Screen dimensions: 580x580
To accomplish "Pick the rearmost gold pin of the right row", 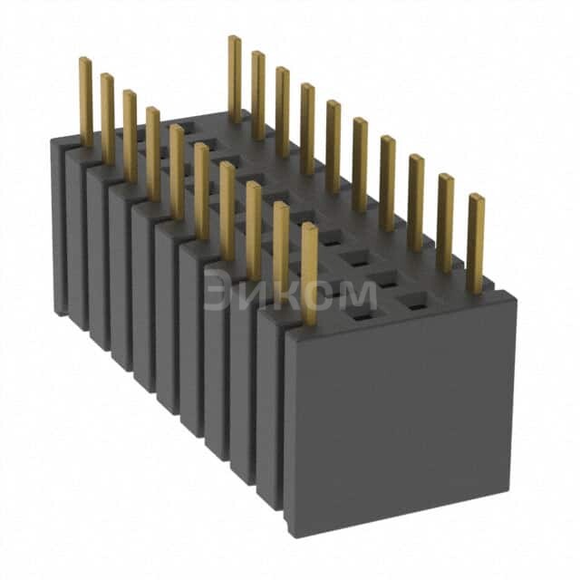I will [234, 78].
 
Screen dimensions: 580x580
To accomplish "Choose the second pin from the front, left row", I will [281, 250].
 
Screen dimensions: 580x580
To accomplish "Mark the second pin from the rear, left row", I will [108, 118].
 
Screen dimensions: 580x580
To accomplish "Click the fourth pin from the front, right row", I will [387, 181].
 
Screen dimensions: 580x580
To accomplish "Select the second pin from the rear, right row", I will [258, 94].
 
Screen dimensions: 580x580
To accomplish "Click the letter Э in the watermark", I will [217, 294].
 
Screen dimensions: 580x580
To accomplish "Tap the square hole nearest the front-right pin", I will [416, 306].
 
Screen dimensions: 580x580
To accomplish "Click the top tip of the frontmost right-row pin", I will [475, 198].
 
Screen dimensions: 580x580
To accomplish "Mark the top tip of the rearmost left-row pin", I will [84, 62].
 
